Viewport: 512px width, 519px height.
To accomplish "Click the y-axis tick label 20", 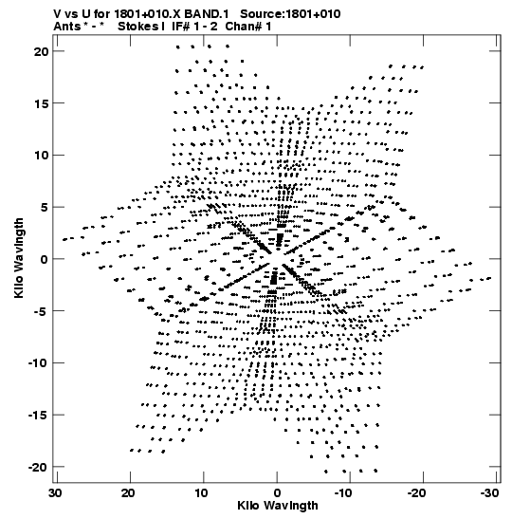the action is (x=41, y=51).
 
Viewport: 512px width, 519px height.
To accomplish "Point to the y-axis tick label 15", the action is (x=41, y=103).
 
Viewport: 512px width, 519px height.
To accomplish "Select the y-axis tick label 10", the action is (x=41, y=156).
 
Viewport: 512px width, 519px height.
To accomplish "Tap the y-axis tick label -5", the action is (x=39, y=311).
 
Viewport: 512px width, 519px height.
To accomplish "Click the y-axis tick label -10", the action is (x=38, y=363).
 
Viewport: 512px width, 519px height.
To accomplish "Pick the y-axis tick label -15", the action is (x=38, y=415).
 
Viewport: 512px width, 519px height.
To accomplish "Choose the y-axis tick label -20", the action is (x=38, y=467).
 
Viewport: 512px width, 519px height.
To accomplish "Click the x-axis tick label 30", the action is (x=55, y=493).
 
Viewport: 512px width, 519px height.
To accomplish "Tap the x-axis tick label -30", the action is (x=488, y=493).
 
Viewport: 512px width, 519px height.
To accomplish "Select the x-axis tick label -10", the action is (x=343, y=493).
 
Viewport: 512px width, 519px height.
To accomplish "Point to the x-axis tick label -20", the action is (x=415, y=493).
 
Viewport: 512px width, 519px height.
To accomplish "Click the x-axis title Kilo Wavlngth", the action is (x=278, y=506).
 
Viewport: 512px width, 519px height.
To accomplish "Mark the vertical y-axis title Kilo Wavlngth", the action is (x=19, y=258).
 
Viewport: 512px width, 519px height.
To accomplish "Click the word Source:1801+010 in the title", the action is (x=290, y=14).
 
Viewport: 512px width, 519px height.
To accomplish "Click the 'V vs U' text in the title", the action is (x=71, y=14).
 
